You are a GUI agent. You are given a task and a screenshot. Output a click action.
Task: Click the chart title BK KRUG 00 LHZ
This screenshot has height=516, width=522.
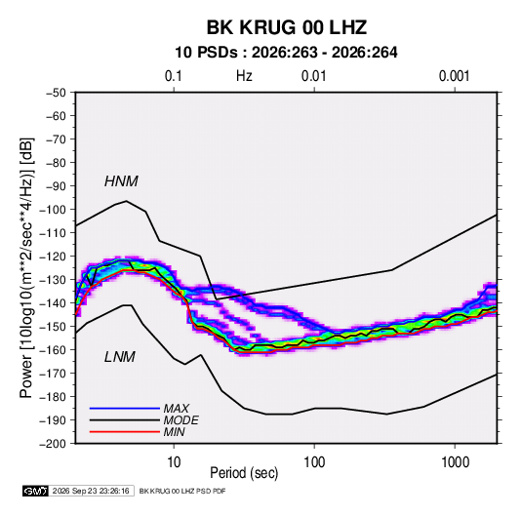(x=287, y=27)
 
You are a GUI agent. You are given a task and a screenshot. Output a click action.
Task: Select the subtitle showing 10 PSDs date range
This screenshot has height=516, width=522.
(x=286, y=53)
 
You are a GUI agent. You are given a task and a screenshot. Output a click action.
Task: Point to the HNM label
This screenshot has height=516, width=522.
(x=121, y=181)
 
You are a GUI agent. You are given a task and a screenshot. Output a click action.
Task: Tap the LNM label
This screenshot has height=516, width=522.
(x=120, y=357)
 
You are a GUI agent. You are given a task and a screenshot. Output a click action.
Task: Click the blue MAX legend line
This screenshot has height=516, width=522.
(x=125, y=408)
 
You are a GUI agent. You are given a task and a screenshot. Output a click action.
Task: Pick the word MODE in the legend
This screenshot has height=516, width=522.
(x=181, y=420)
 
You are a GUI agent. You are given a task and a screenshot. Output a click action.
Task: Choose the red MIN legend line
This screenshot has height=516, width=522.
(x=125, y=432)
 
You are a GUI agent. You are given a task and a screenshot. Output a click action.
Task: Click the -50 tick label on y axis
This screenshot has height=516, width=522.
(x=56, y=93)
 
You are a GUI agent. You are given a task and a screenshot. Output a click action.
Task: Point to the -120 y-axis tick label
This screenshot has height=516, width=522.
(x=53, y=257)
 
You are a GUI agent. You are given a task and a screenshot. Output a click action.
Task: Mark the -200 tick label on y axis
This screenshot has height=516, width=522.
(x=53, y=444)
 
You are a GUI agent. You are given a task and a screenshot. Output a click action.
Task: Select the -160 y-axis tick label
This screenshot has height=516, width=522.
(x=53, y=350)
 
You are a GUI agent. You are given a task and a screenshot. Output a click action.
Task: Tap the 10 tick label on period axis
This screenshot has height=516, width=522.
(x=174, y=462)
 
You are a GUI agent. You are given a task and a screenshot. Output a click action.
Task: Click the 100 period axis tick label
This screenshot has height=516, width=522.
(x=314, y=462)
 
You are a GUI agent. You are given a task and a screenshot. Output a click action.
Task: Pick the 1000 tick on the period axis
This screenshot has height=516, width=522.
(x=455, y=462)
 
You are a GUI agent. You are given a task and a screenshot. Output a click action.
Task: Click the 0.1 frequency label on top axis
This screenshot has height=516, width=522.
(x=174, y=76)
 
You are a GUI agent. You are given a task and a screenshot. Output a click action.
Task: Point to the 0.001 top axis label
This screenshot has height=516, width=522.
(x=454, y=76)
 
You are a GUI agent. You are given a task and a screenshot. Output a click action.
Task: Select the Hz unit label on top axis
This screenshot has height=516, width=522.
(x=244, y=76)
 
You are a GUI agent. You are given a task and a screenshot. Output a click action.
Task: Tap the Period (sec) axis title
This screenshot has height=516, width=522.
(x=244, y=473)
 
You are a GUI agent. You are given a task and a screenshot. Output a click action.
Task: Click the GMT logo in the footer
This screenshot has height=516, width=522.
(x=35, y=491)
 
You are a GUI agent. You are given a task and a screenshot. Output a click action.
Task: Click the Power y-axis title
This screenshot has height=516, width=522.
(x=26, y=267)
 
